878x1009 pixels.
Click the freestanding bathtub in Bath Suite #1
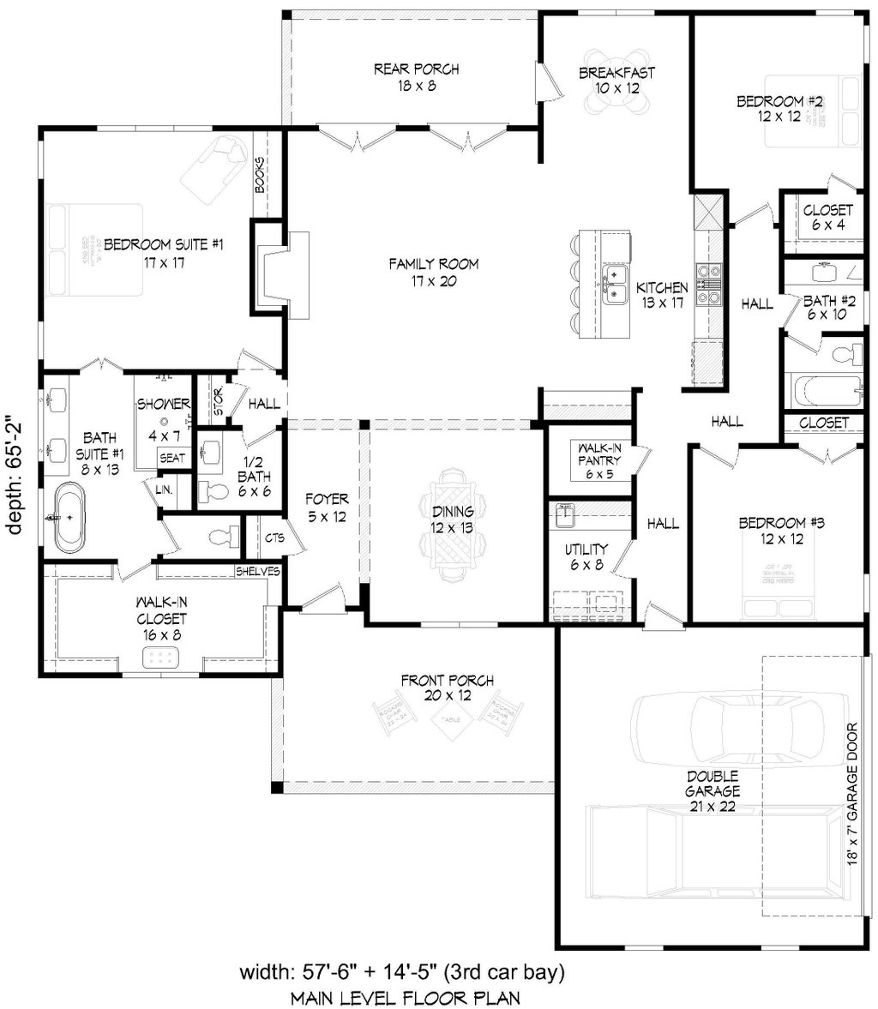(69, 518)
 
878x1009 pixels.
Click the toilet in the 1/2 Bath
(214, 491)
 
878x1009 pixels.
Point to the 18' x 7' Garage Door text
(851, 807)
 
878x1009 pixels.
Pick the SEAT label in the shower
(171, 459)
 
